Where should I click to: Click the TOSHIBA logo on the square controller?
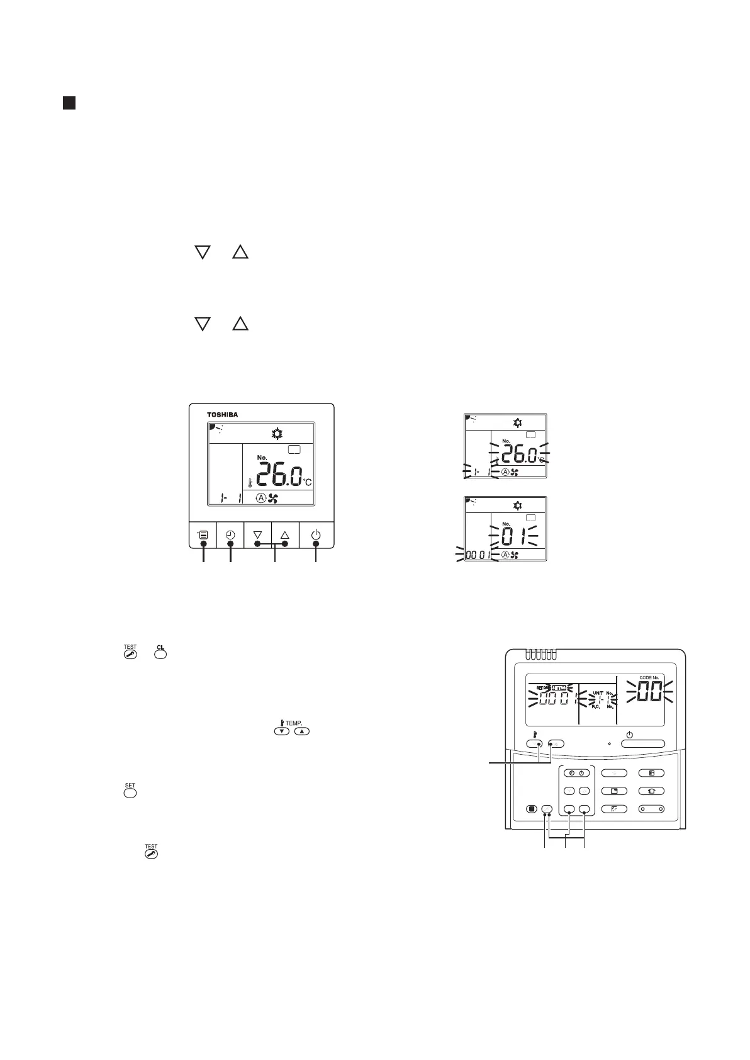click(x=223, y=415)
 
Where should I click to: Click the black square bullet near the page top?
click(x=69, y=103)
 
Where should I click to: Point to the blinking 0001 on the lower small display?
click(x=478, y=555)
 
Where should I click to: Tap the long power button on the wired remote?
click(x=642, y=743)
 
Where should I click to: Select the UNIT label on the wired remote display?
click(x=597, y=693)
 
